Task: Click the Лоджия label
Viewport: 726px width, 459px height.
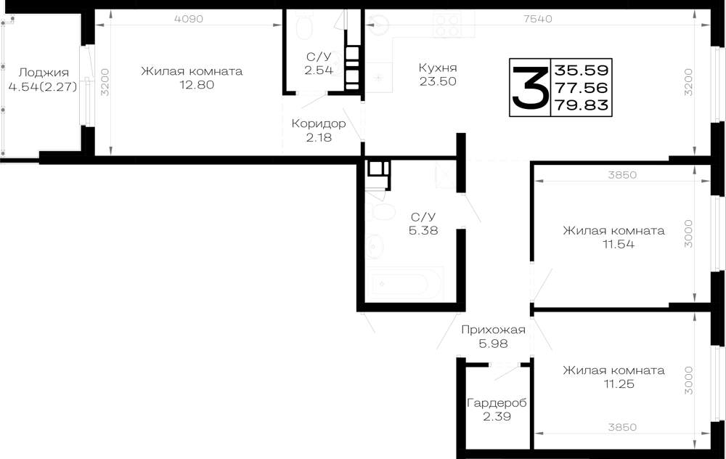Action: point(44,73)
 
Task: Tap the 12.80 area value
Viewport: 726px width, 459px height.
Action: point(197,85)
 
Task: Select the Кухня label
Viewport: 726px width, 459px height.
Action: point(438,68)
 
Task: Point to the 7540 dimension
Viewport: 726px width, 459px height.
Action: point(537,19)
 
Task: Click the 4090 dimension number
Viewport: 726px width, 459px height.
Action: point(189,19)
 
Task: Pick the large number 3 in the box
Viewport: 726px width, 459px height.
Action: point(530,87)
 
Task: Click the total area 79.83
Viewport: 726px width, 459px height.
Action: point(582,105)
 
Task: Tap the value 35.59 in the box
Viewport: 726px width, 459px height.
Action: point(582,70)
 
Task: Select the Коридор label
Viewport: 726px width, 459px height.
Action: point(319,123)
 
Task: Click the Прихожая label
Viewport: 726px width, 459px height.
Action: point(493,330)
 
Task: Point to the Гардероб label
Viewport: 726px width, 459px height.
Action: point(497,403)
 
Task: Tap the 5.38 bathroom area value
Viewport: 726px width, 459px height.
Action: point(423,230)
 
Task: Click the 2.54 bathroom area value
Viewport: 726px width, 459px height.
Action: point(319,70)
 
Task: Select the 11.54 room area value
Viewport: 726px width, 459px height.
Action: point(618,244)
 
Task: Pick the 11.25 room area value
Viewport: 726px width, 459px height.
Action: point(619,384)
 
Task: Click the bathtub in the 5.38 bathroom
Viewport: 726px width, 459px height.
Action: point(404,283)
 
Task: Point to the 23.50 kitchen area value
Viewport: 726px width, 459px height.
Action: point(438,81)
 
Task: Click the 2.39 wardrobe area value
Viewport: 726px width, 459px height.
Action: point(497,416)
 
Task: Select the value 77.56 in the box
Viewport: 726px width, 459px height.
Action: point(582,88)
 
